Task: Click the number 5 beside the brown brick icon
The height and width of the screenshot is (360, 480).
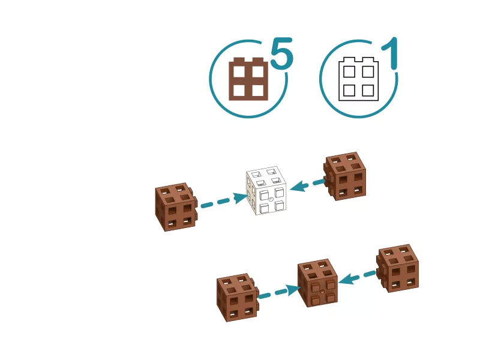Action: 281,53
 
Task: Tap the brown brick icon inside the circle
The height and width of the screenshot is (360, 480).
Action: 248,79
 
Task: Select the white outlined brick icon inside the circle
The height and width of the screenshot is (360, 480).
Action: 358,79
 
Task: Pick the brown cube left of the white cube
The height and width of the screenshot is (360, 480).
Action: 176,207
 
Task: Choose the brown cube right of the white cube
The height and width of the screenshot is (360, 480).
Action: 345,176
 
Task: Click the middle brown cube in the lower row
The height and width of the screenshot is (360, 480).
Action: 318,283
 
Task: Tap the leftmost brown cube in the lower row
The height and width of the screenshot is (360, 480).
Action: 238,298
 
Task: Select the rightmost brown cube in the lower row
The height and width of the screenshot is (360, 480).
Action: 397,268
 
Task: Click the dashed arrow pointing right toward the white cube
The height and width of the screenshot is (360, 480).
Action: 224,200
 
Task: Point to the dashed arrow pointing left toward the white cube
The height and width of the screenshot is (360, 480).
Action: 307,185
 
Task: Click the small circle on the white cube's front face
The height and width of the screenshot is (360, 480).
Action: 271,200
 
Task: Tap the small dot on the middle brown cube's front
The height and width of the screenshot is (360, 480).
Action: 322,292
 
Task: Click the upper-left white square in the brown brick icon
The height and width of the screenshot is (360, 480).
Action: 239,71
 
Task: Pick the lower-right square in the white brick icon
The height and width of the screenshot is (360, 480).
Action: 368,91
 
